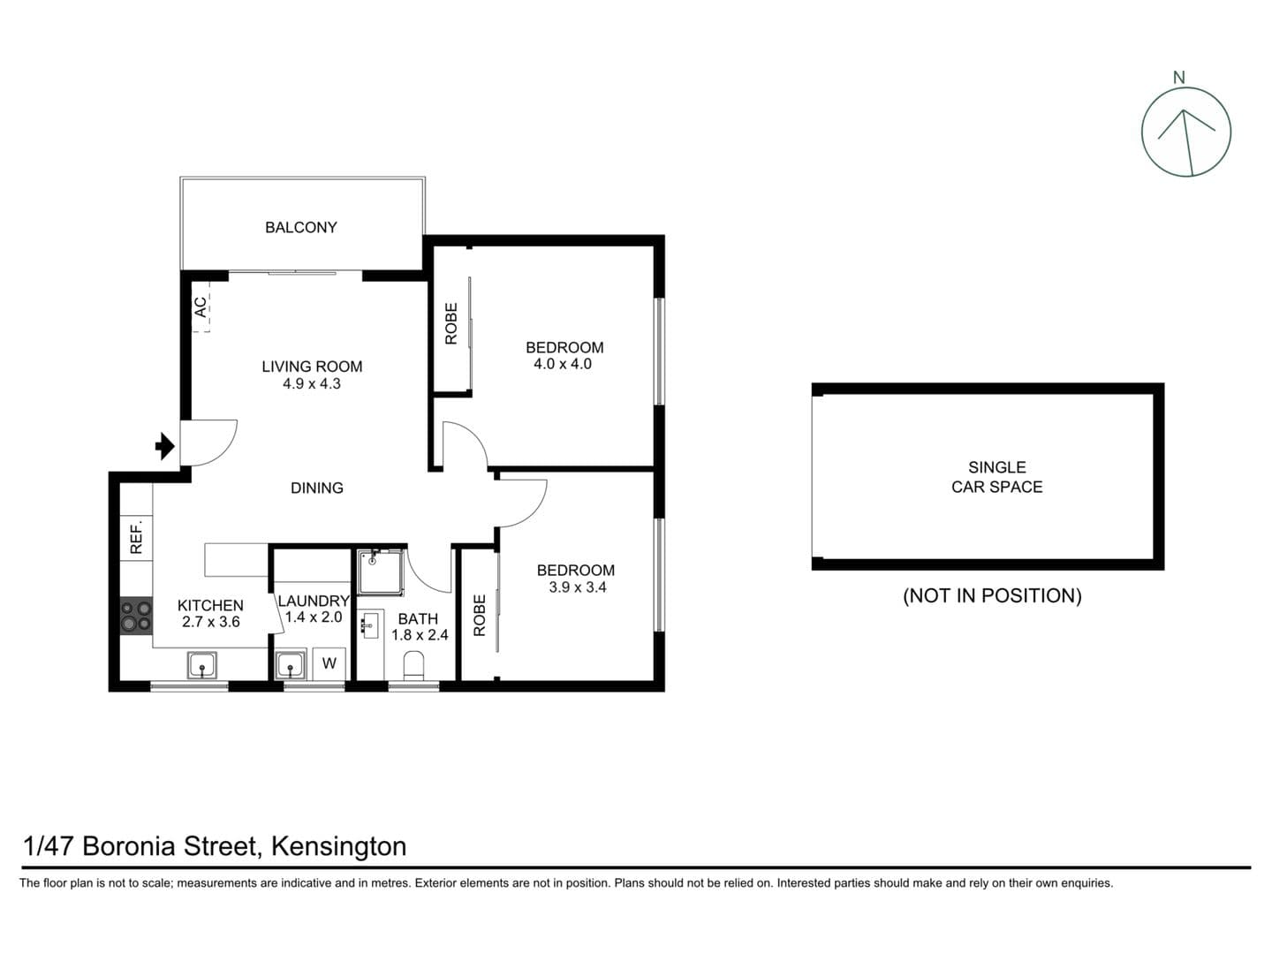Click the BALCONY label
pyautogui.click(x=301, y=228)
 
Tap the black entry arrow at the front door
pyautogui.click(x=164, y=446)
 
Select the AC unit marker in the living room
pyautogui.click(x=201, y=307)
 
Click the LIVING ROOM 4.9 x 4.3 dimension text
pyautogui.click(x=312, y=383)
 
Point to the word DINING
pyautogui.click(x=317, y=488)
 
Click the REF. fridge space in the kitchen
pyautogui.click(x=136, y=537)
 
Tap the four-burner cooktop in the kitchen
pyautogui.click(x=136, y=616)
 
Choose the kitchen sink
pyautogui.click(x=202, y=664)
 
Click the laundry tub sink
pyautogui.click(x=290, y=664)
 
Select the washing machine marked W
pyautogui.click(x=329, y=663)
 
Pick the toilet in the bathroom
pyautogui.click(x=413, y=664)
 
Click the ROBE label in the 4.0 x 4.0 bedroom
pyautogui.click(x=451, y=323)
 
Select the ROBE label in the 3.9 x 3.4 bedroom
pyautogui.click(x=480, y=615)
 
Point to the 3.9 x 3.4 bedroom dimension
pyautogui.click(x=578, y=587)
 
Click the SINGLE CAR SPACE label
pyautogui.click(x=996, y=477)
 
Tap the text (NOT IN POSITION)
pyautogui.click(x=992, y=596)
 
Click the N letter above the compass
pyautogui.click(x=1178, y=78)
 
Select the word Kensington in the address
pyautogui.click(x=338, y=846)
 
